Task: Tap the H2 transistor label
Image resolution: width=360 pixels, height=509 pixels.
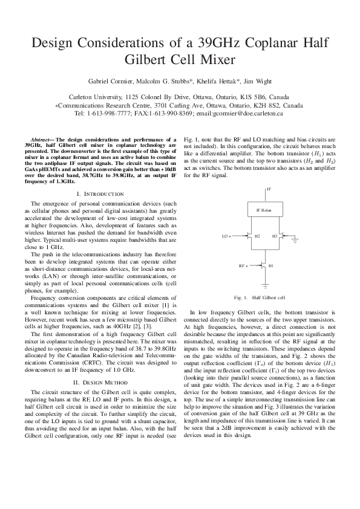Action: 257,236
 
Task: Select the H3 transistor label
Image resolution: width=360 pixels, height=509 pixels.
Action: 274,236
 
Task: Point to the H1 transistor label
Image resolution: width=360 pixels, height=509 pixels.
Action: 270,265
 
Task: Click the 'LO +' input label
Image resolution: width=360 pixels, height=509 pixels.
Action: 227,236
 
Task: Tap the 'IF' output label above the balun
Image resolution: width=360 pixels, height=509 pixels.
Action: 269,189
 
